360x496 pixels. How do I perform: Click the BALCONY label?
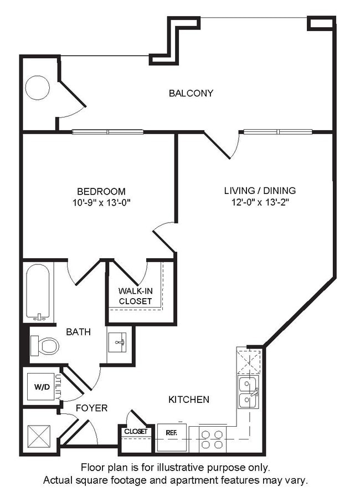[x=191, y=93]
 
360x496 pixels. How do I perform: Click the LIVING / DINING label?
[x=260, y=191]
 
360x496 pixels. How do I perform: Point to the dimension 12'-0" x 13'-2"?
[x=260, y=202]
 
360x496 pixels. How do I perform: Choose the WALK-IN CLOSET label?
[x=135, y=296]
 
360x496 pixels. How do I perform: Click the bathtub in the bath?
[x=38, y=293]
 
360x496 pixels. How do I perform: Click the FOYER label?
[x=92, y=408]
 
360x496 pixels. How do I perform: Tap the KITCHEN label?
[x=189, y=399]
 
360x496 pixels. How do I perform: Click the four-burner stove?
[x=212, y=439]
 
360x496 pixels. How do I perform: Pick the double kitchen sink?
[x=247, y=392]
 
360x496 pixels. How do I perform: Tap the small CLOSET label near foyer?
[x=136, y=431]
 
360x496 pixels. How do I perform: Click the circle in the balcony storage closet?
[x=38, y=88]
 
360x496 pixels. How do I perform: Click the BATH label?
[x=79, y=332]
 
